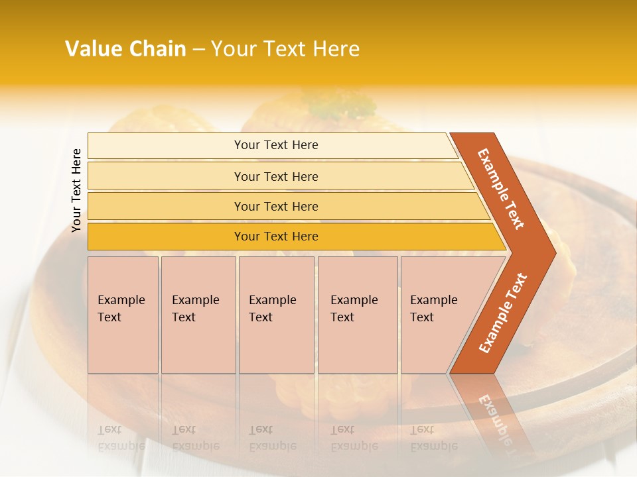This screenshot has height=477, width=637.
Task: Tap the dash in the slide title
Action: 198,50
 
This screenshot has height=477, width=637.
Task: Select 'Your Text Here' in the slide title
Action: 285,49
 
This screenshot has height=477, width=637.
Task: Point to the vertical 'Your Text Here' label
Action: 76,190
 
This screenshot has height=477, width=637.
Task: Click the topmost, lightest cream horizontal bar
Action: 275,145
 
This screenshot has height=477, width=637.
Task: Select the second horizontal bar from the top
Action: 275,176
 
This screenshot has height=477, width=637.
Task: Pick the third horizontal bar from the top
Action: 275,206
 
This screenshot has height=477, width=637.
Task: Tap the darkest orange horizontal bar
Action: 275,237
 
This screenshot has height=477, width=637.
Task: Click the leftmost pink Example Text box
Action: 123,315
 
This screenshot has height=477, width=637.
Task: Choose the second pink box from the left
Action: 198,315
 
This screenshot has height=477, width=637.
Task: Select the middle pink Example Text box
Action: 275,315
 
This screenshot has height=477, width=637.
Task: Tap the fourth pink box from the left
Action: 357,315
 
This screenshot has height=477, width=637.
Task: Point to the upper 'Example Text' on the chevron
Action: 501,189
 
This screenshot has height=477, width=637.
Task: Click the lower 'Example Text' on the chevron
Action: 502,313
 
